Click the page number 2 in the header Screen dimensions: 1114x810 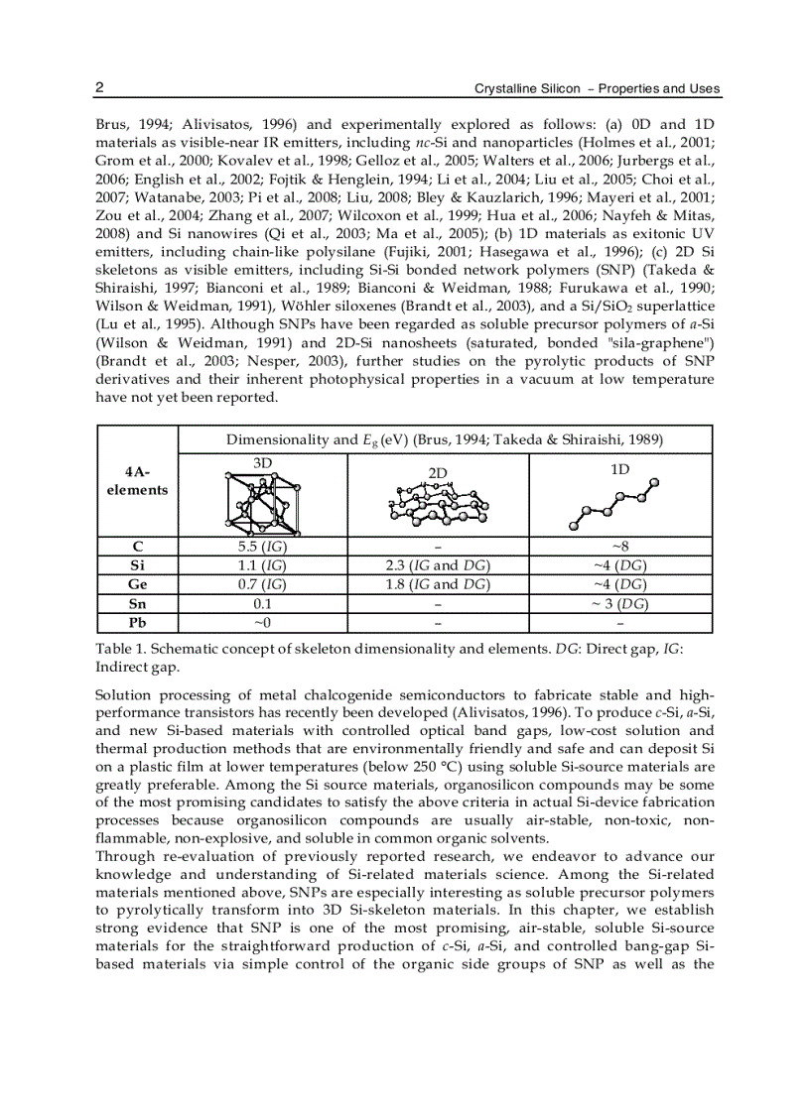coord(99,88)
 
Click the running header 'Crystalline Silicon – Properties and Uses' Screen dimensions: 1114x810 coord(597,89)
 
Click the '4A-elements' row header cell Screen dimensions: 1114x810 coord(138,481)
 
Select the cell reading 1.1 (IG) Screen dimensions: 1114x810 coord(262,565)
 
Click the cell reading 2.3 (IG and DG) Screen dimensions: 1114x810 coord(438,565)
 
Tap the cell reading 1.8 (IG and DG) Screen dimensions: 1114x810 coord(438,584)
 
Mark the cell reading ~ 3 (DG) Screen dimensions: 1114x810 coord(619,603)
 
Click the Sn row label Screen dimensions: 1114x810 coord(138,603)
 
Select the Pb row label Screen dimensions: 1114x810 coord(138,623)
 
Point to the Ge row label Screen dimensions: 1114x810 coord(138,584)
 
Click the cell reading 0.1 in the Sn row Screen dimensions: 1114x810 coord(262,603)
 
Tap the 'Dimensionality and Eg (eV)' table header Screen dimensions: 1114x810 coord(444,439)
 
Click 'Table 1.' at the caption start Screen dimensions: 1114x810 coord(120,648)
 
